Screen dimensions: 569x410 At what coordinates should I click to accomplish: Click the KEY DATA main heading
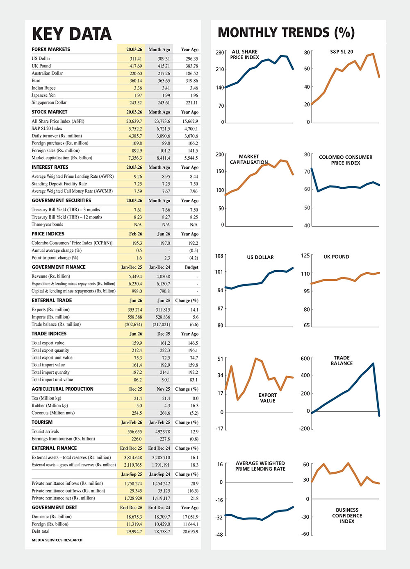(72, 34)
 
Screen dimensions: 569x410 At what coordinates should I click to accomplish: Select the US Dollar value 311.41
(136, 59)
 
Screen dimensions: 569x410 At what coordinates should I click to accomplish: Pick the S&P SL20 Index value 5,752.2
(134, 129)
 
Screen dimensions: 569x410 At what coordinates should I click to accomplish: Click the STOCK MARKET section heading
(50, 112)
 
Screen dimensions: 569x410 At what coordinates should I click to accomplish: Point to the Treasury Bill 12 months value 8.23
(138, 217)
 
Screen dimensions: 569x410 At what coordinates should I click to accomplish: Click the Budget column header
(191, 267)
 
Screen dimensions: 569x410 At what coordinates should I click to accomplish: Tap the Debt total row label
(41, 531)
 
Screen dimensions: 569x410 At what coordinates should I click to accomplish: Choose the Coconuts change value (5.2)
(194, 413)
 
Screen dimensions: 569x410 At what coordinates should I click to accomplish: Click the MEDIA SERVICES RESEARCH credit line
(57, 540)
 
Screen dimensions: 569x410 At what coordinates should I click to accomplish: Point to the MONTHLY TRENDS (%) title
(286, 33)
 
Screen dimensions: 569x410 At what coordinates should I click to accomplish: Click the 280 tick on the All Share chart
(220, 52)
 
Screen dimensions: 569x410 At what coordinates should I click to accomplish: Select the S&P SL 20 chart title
(342, 52)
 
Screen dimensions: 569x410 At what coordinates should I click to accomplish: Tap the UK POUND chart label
(336, 257)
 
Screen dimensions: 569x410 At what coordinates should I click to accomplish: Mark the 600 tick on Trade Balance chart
(305, 359)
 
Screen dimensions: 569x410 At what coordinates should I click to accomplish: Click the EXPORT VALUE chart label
(267, 398)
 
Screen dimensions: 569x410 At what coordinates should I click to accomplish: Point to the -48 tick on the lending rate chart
(219, 535)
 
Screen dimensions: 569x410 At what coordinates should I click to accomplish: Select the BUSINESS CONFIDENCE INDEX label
(347, 515)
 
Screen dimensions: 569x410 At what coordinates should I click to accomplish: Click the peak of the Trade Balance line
(373, 363)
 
